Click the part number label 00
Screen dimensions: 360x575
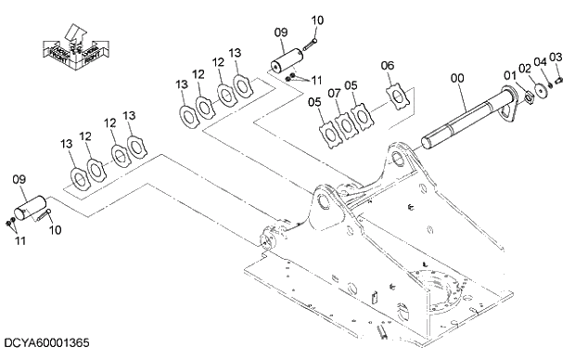456,81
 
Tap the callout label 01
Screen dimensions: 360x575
509,74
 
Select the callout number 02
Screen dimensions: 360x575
524,68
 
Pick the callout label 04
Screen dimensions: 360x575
540,62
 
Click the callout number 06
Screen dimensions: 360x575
388,66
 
